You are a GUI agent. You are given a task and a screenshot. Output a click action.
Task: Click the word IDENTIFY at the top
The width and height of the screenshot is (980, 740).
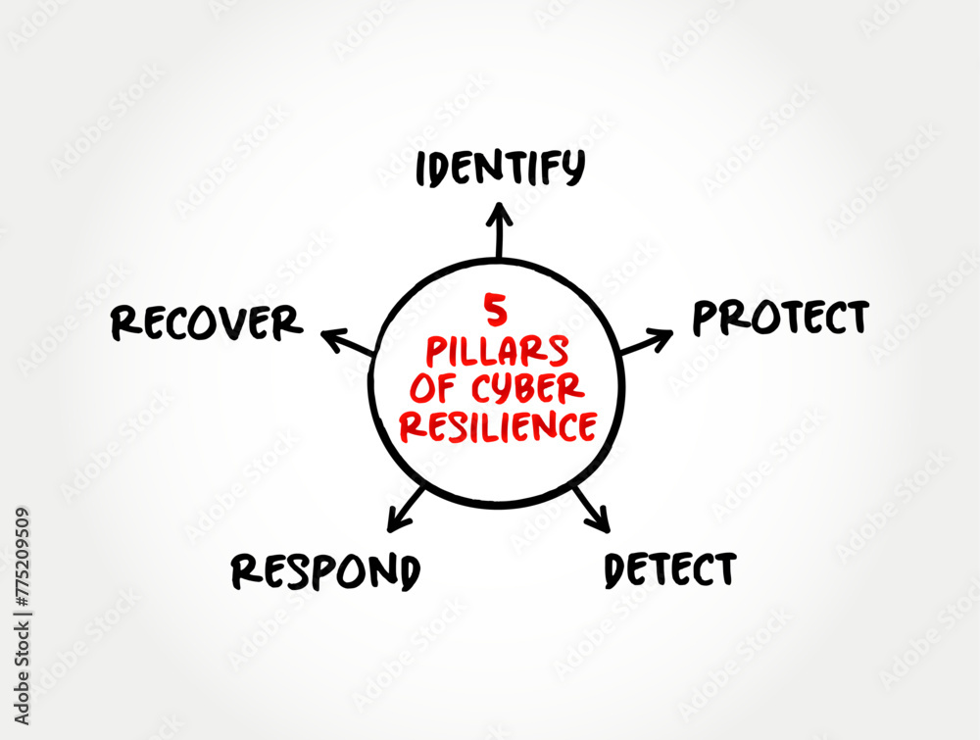500,169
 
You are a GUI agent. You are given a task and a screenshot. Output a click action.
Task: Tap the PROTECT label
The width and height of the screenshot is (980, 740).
780,318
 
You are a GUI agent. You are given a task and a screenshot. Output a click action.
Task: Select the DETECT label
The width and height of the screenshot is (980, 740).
669,569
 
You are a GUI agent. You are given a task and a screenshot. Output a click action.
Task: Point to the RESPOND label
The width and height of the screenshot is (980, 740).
326,570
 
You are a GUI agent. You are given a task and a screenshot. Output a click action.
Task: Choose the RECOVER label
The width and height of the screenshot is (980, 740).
206,322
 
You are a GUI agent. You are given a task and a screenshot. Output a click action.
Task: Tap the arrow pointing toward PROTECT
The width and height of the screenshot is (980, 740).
646,342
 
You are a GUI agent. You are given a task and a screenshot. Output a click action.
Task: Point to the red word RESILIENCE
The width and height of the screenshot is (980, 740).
500,425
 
